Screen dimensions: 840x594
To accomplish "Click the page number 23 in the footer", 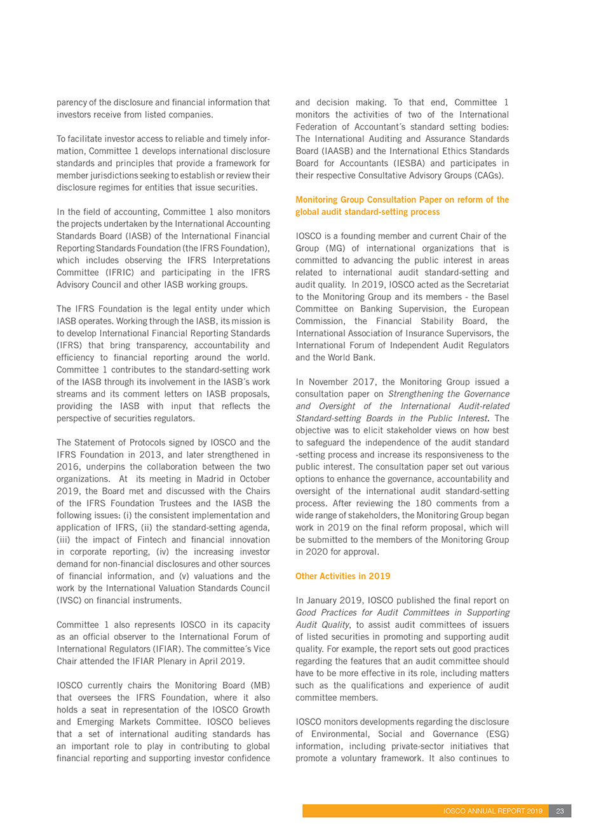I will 560,811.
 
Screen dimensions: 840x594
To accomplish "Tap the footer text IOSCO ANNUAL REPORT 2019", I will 492,811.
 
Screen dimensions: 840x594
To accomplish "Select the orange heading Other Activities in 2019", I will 342,576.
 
